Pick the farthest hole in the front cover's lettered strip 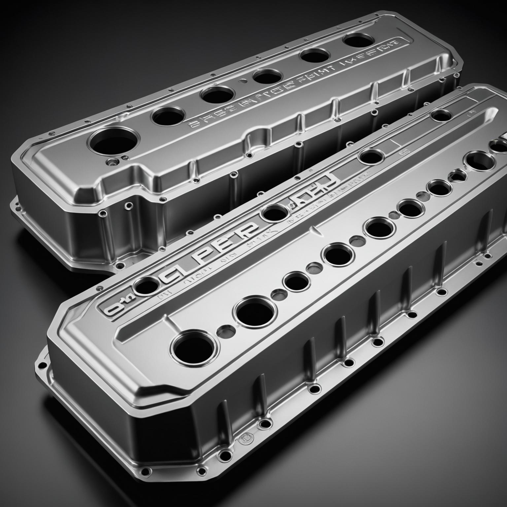441,115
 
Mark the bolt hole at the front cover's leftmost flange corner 42,366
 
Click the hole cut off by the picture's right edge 500,145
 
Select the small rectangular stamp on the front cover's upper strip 404,152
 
